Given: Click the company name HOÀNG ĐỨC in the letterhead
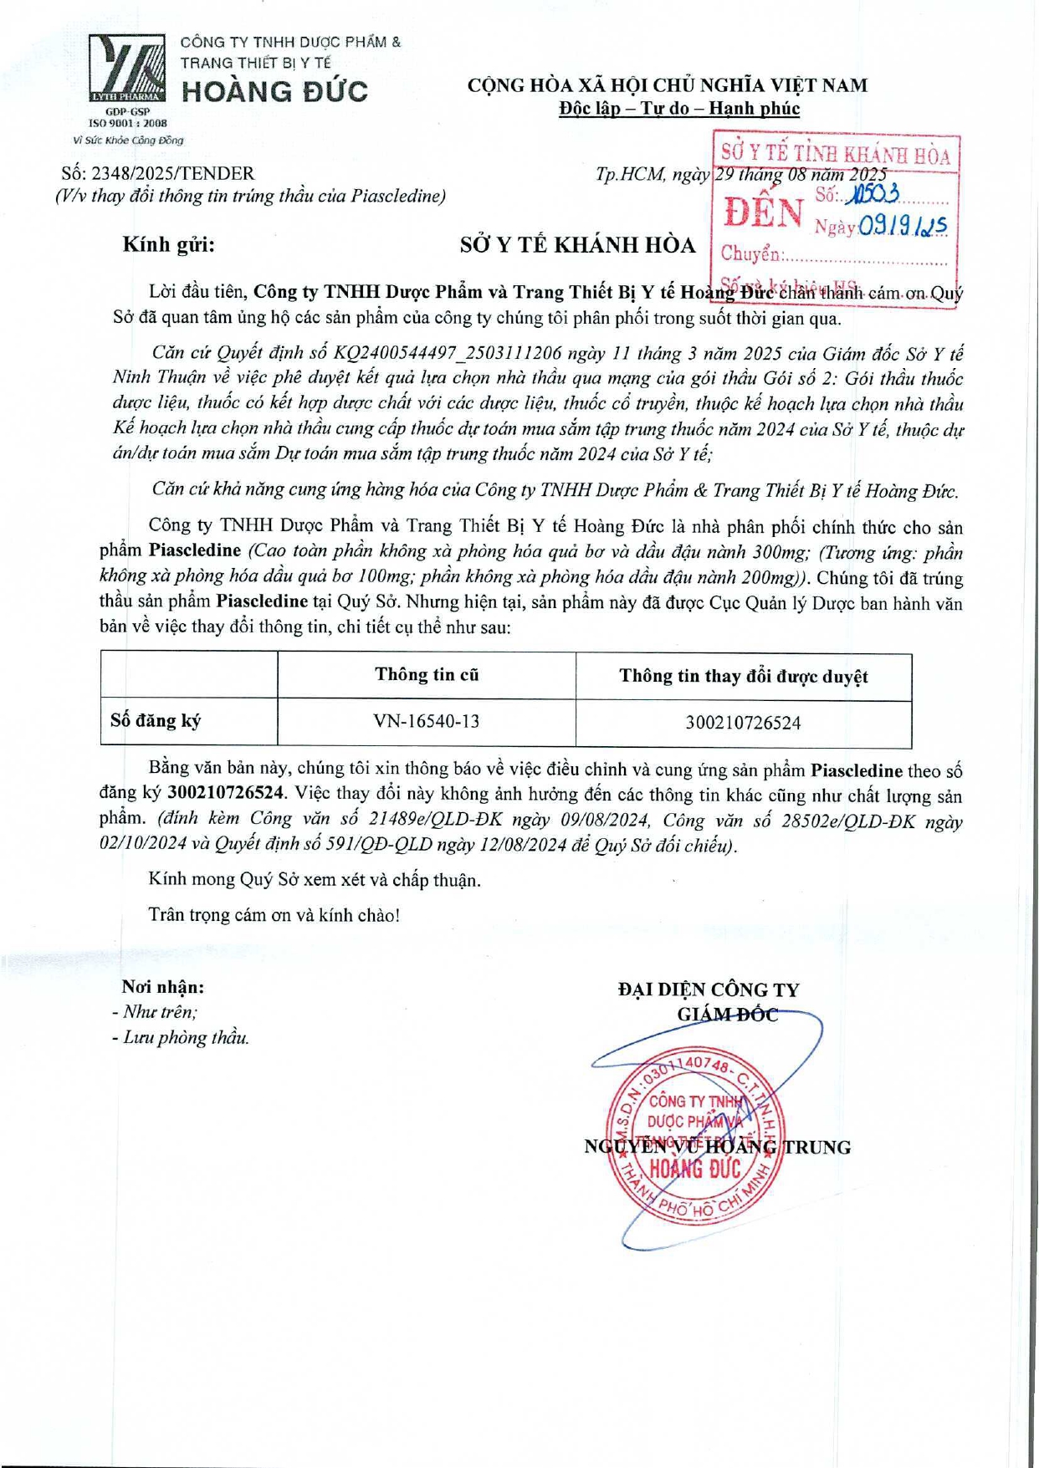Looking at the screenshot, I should [274, 91].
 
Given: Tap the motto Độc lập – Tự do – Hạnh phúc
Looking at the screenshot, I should [679, 109].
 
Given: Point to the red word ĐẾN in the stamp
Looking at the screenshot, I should [762, 212].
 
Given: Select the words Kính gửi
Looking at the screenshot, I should [168, 244].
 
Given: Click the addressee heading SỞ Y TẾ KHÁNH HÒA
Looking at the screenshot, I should [577, 245].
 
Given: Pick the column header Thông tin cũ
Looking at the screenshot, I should [427, 675].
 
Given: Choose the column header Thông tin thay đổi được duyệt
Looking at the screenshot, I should [743, 676].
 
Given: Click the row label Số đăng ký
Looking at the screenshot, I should [156, 721].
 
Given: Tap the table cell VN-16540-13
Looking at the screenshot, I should [427, 721].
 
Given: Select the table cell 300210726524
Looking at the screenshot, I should [743, 723].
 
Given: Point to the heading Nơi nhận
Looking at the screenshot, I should [163, 987].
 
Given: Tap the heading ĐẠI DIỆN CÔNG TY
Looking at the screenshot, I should [709, 990].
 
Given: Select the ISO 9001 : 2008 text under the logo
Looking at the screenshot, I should [127, 123].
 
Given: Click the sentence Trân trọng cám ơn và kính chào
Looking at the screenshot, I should [274, 915].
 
